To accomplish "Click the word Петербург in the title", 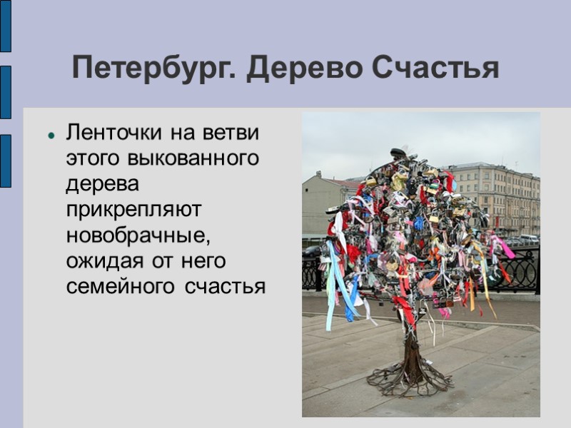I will point(154,68).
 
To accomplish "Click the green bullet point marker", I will point(51,133).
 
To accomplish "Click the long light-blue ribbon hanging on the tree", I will point(333,285).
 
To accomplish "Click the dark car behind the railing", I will point(312,251).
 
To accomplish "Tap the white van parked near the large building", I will point(528,239).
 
